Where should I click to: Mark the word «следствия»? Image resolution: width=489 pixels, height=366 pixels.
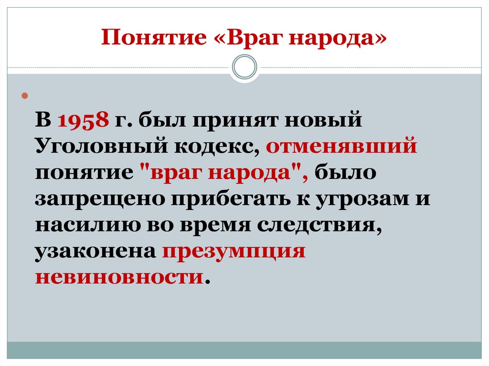[329, 224]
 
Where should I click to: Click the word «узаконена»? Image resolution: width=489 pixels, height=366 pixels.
[96, 250]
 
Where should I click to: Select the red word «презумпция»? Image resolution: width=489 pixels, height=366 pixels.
[234, 250]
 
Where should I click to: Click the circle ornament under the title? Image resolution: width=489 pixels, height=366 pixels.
[244, 67]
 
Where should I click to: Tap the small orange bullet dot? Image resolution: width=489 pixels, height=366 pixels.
[25, 97]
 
